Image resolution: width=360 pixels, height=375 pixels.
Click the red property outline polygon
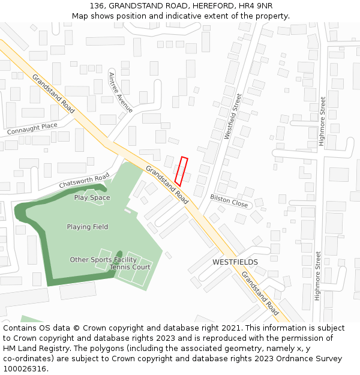tap(181, 172)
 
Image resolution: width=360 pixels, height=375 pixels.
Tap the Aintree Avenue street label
tap(120, 92)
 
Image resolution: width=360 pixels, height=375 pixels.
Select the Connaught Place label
tap(32, 128)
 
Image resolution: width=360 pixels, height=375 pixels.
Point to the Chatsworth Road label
tap(84, 181)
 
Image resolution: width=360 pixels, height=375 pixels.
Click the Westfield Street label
tap(232, 116)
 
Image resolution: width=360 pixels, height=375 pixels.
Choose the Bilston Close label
tap(229, 200)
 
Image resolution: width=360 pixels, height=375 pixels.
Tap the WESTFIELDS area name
tap(235, 262)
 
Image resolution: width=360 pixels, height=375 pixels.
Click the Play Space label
tap(92, 197)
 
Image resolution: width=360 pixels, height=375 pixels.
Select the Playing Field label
tap(88, 227)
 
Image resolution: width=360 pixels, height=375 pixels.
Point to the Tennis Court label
tap(130, 267)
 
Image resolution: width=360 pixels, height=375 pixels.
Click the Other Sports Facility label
tap(103, 260)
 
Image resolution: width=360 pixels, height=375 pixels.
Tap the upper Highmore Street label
tap(322, 122)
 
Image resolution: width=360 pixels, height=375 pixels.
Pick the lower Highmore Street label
tap(318, 275)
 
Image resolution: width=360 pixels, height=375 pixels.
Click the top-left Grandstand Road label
tap(54, 94)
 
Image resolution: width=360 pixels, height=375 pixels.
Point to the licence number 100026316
tap(24, 369)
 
